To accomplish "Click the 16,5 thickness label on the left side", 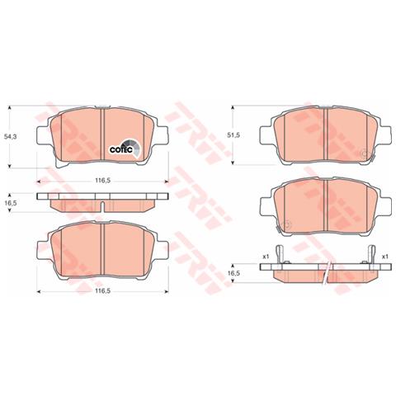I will pos(11,201).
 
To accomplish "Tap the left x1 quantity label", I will pos(266,256).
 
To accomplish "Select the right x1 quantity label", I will pos(384,256).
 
